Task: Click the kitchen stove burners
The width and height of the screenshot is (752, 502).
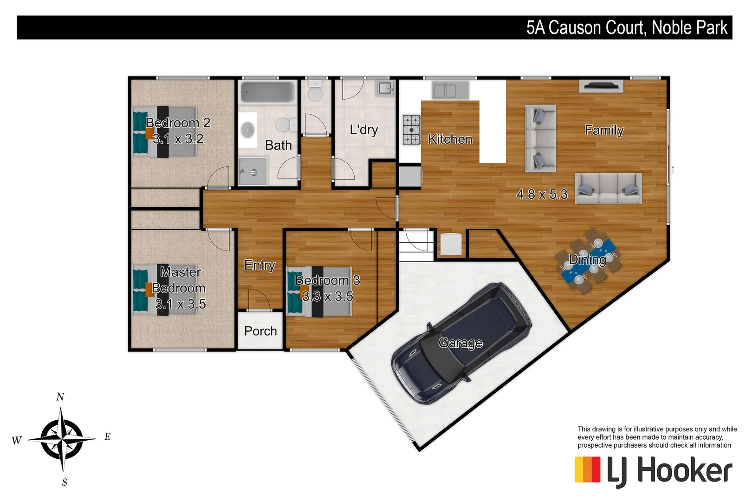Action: (411, 130)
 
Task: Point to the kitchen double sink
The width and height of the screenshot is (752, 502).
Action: (445, 90)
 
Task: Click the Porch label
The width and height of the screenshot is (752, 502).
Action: (260, 331)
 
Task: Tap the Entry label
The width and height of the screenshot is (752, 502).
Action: (259, 265)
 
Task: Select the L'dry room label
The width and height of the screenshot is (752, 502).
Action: (364, 130)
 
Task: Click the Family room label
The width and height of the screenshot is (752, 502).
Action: (604, 130)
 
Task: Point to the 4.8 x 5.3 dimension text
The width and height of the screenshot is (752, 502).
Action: (542, 194)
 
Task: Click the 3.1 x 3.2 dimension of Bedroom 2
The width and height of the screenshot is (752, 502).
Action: (178, 139)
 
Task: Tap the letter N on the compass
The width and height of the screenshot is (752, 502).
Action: (60, 396)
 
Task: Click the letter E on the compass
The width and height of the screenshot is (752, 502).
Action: (107, 436)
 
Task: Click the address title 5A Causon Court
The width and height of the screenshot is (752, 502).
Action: (627, 27)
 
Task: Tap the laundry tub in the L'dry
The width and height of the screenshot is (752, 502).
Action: (385, 87)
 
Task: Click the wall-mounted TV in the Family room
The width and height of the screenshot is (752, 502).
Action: (601, 86)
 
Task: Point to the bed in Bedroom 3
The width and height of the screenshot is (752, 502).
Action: (318, 291)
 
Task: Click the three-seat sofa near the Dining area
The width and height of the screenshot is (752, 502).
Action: (608, 188)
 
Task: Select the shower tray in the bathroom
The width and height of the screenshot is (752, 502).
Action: (253, 171)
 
